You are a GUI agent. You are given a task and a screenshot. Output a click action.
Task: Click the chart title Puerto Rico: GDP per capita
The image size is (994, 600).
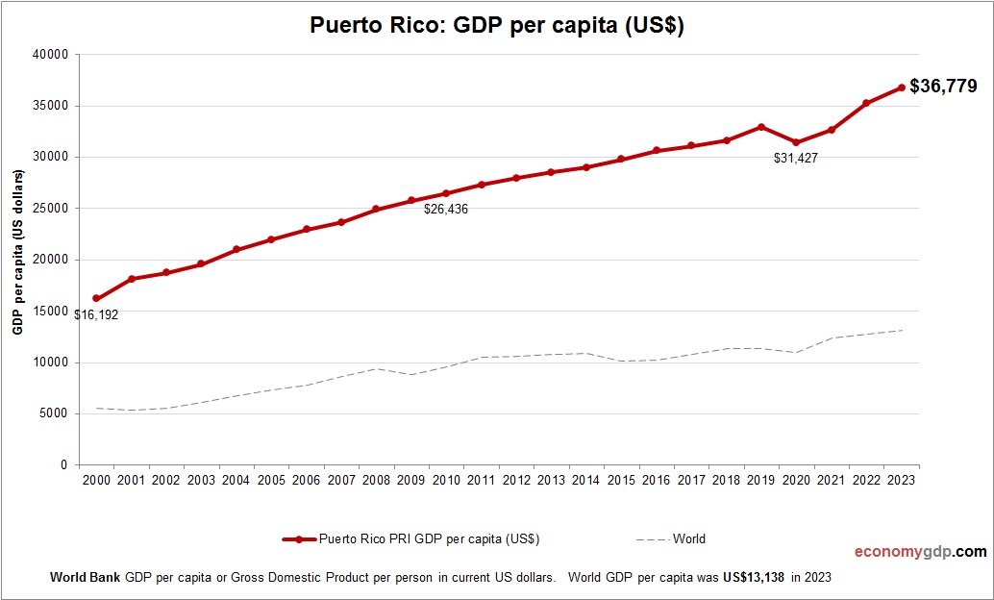(x=496, y=26)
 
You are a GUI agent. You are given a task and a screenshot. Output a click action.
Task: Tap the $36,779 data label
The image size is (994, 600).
(x=943, y=87)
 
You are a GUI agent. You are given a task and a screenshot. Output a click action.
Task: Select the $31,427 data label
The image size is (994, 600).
(x=796, y=158)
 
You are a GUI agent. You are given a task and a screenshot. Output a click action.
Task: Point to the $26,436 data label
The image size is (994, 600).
(x=446, y=209)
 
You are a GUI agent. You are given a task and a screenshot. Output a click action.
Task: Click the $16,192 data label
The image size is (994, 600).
(x=96, y=314)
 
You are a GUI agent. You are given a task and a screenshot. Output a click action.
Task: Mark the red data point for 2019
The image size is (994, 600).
(x=761, y=127)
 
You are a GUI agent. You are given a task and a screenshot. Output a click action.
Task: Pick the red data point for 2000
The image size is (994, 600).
(x=96, y=299)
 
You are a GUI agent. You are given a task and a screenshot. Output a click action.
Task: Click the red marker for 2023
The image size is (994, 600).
(x=902, y=87)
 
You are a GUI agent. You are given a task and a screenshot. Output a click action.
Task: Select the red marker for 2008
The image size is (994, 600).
(x=376, y=210)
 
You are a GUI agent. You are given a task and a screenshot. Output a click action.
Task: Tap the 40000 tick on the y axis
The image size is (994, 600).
(x=50, y=55)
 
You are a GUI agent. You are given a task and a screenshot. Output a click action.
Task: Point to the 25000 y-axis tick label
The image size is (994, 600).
(x=50, y=209)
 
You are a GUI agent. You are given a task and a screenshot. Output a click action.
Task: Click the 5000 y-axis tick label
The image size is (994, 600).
(x=53, y=413)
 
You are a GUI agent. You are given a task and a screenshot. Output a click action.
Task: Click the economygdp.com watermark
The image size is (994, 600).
(x=920, y=552)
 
